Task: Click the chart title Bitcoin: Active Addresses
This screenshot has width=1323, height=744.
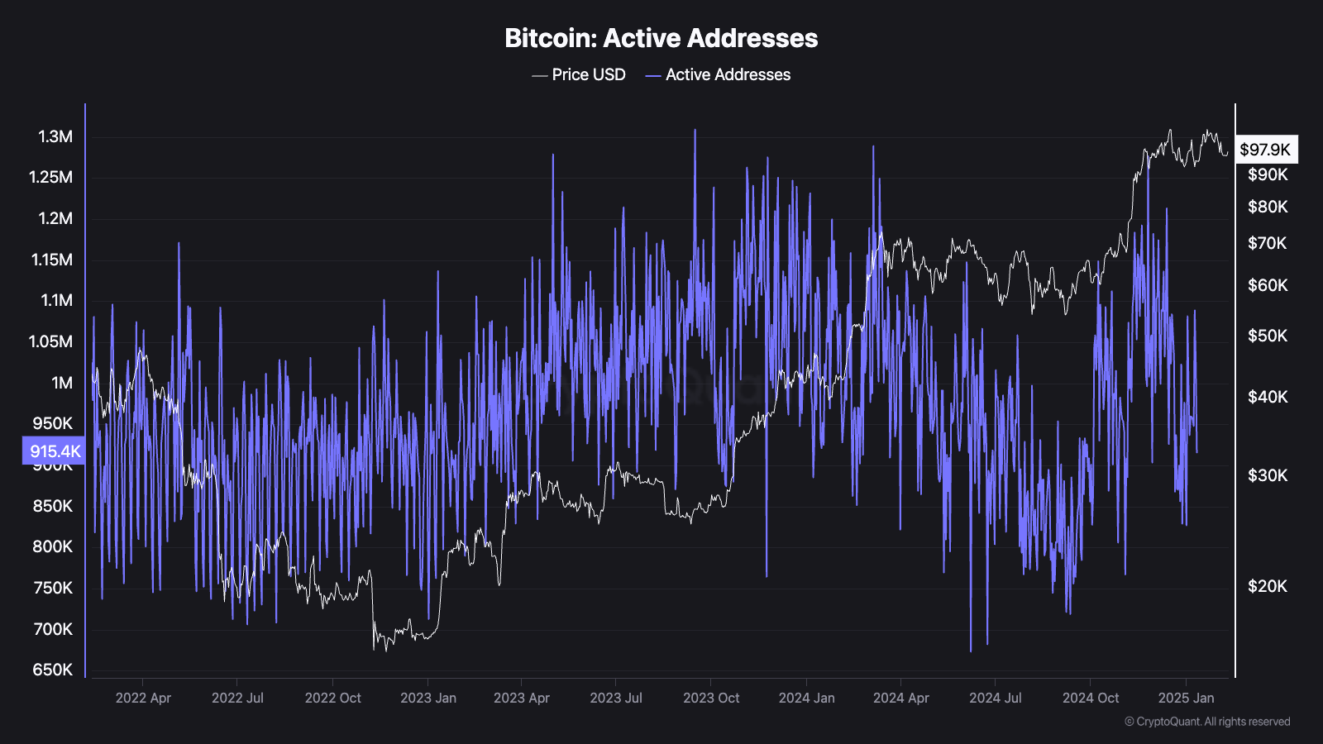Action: pos(661,38)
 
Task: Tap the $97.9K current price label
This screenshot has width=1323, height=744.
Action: pos(1265,150)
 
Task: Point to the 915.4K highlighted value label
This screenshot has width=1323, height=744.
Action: pos(55,451)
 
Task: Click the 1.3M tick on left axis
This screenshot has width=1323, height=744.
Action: pos(55,136)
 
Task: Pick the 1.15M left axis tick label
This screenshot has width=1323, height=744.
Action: pos(52,260)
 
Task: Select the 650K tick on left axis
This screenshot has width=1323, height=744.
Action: pos(53,670)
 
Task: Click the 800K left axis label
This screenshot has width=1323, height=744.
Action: pos(53,546)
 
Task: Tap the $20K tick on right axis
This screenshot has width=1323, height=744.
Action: pos(1268,586)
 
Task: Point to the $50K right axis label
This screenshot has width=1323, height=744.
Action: pos(1268,336)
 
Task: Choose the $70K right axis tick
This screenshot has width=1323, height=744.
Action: pos(1268,243)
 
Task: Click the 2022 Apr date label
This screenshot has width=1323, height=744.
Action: pos(143,698)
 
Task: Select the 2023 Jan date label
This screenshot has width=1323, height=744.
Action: pos(428,698)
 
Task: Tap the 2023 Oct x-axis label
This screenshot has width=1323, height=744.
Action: pos(711,698)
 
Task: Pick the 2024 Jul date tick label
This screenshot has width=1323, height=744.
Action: pos(996,698)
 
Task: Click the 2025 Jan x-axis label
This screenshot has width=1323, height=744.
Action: pos(1186,698)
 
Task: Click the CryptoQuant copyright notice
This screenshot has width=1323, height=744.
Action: pos(1207,722)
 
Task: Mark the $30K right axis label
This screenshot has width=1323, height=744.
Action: pos(1268,475)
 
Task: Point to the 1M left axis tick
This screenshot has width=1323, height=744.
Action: pos(62,383)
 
